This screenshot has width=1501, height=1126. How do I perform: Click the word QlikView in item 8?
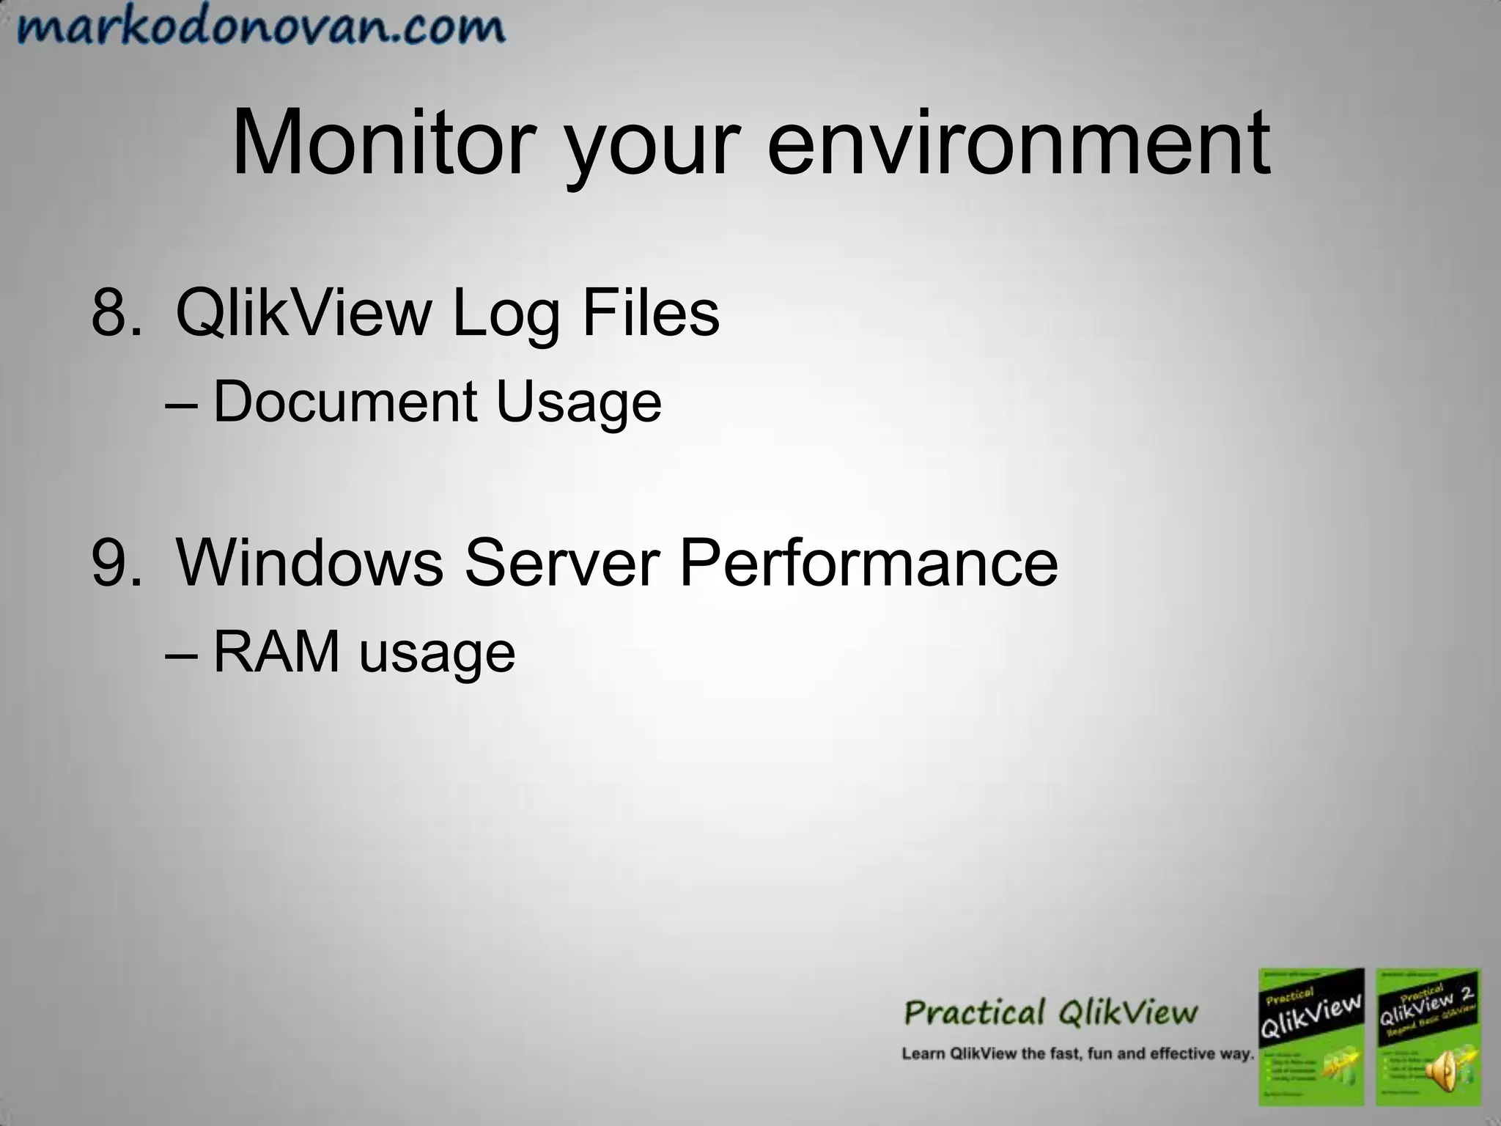[304, 313]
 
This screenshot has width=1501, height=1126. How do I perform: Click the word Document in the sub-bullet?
[345, 402]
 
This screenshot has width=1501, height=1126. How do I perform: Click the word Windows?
[310, 562]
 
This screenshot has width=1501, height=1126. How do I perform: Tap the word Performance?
[868, 562]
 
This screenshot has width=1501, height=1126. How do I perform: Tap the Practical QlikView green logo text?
[1050, 1013]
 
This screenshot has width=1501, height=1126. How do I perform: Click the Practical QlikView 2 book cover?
[1427, 1036]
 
